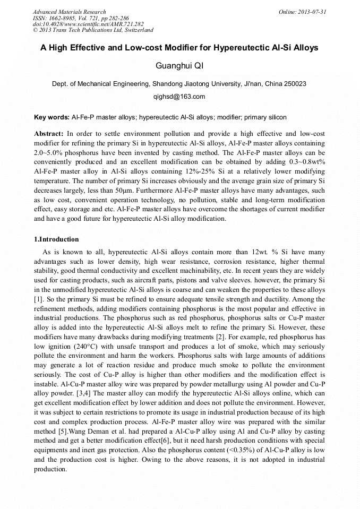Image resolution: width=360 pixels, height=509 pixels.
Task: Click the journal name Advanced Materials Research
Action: [69, 12]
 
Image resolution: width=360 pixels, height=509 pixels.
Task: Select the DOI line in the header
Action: [88, 24]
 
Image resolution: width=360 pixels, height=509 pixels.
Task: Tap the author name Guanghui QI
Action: [179, 66]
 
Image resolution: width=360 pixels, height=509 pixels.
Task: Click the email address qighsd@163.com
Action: [179, 97]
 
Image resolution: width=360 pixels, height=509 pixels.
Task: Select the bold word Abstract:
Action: [49, 133]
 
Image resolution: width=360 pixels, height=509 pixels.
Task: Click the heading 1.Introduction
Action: [56, 239]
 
